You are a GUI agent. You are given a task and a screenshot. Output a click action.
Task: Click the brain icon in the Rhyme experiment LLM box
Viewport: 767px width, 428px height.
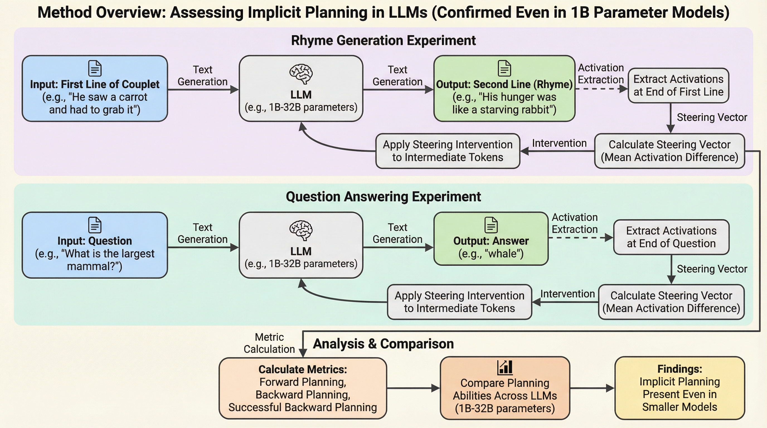point(301,74)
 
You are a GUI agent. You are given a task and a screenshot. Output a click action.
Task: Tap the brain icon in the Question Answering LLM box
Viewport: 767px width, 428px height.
point(301,230)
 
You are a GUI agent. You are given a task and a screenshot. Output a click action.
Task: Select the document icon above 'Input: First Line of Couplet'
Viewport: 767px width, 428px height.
point(95,69)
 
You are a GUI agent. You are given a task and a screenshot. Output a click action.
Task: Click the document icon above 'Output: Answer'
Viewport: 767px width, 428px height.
point(491,225)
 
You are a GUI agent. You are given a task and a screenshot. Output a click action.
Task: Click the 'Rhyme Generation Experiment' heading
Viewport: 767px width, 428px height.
point(383,40)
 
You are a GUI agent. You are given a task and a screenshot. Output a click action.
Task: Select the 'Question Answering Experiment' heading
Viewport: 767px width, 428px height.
point(383,197)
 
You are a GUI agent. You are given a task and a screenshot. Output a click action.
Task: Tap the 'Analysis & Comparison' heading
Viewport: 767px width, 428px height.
point(383,344)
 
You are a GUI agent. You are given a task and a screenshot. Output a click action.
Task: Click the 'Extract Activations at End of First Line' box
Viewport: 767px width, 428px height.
point(678,86)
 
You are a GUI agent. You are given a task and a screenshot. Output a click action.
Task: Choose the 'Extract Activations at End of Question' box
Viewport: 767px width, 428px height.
point(671,237)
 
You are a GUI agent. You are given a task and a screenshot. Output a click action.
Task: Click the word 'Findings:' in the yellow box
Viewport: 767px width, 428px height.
point(680,369)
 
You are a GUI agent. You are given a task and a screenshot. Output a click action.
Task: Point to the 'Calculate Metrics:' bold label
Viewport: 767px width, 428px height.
point(302,369)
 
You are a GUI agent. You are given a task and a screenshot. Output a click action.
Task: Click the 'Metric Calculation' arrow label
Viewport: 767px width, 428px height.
point(269,343)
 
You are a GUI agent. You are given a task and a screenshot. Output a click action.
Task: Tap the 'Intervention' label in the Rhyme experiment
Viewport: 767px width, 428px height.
point(559,143)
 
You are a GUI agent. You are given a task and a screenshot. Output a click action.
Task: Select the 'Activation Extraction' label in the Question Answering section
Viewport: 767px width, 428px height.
point(575,223)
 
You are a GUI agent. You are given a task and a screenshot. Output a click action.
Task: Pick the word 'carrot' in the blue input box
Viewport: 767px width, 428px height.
point(133,97)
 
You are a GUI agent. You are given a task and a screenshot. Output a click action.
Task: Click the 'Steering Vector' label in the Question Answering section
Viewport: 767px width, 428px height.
point(712,269)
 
